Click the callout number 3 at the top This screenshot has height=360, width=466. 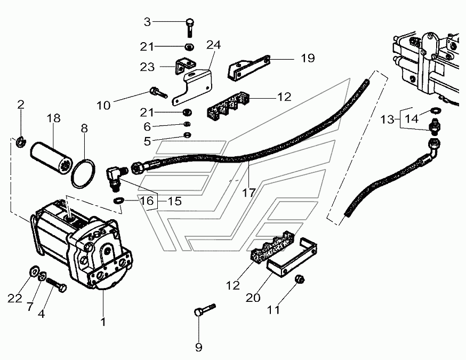point(147,22)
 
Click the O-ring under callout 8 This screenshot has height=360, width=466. point(84,173)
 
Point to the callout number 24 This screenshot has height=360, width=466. point(214,45)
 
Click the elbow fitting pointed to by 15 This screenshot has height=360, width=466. point(115,177)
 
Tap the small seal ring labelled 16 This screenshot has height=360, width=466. point(118,201)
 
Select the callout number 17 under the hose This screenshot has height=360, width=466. point(248,193)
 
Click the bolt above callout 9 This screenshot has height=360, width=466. point(204,309)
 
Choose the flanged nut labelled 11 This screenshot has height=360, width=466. point(300,279)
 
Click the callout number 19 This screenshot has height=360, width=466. point(308,58)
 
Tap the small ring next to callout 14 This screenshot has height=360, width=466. point(436,110)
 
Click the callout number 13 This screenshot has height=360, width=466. point(388,119)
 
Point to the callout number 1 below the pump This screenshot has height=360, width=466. point(103,322)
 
